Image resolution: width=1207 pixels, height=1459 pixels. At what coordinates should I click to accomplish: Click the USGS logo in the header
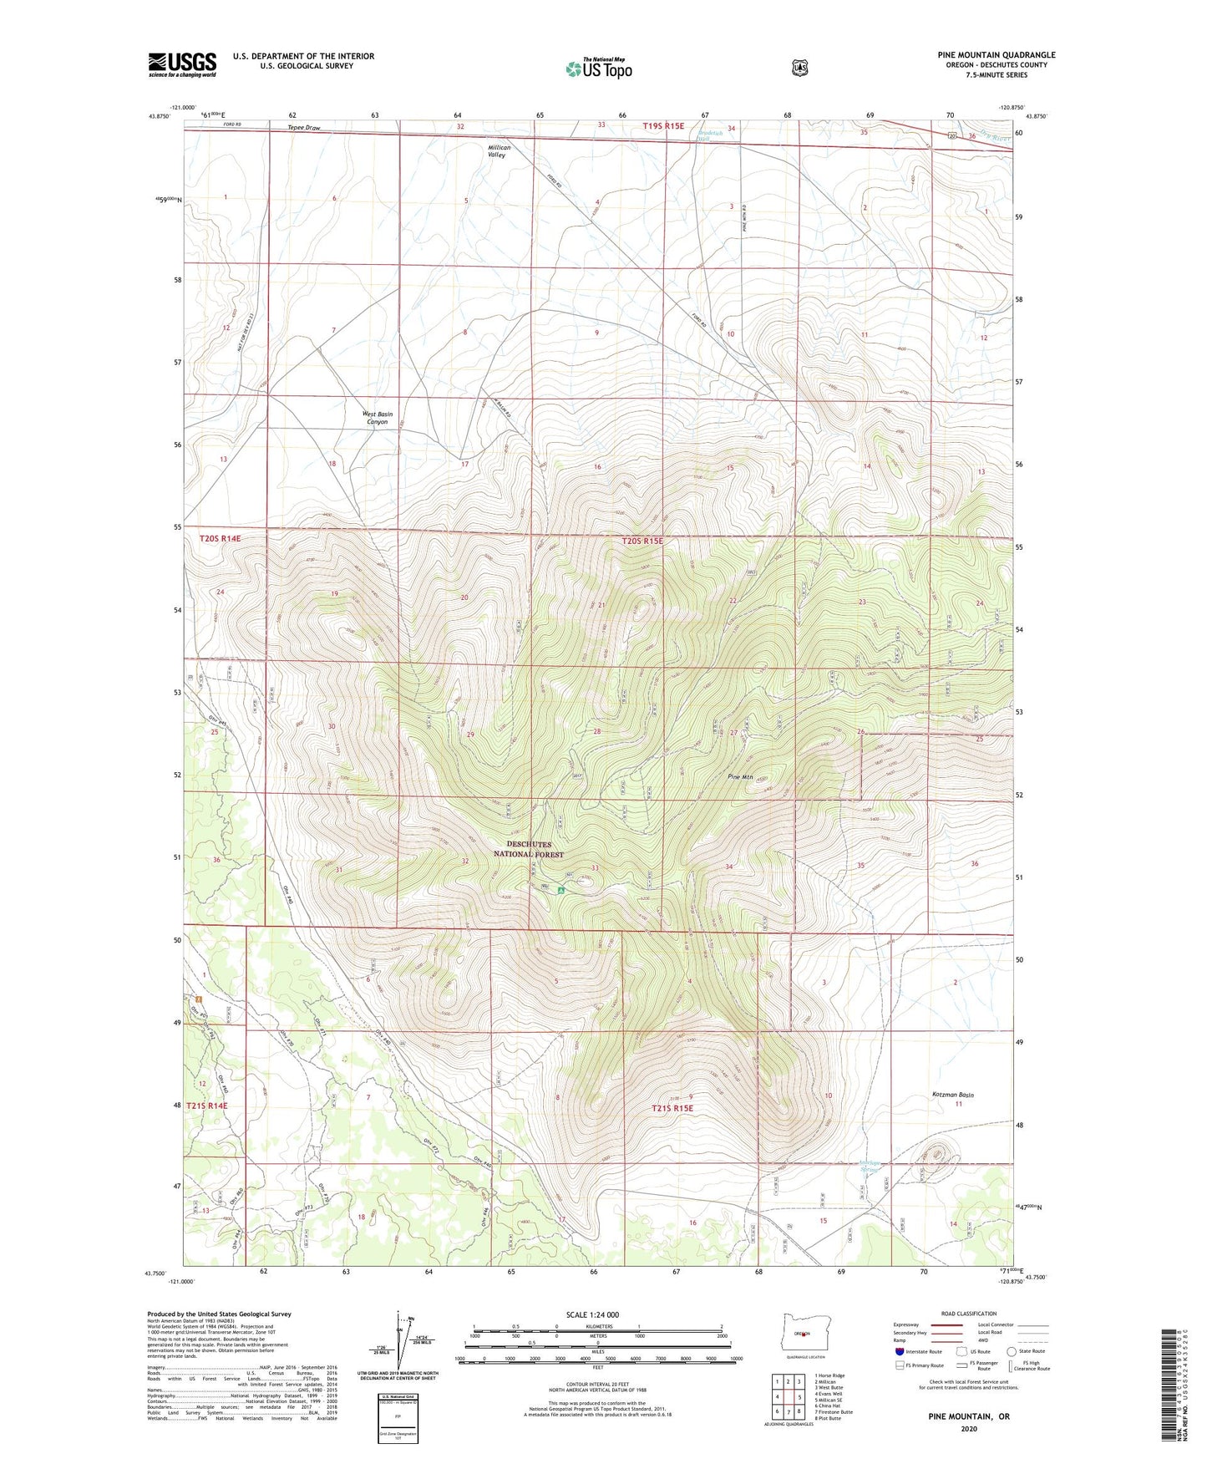coord(182,64)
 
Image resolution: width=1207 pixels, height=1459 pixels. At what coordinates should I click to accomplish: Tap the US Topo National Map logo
coord(597,68)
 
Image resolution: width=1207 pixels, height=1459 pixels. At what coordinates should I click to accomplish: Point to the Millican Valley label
coord(499,151)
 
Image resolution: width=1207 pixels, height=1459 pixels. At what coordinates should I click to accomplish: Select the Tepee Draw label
coord(304,128)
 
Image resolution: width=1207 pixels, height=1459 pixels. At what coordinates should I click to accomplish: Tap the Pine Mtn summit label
coord(740,777)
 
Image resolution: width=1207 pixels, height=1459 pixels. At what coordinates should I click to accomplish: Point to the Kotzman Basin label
coord(952,1095)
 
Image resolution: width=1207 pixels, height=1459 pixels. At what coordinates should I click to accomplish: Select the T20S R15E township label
coord(642,541)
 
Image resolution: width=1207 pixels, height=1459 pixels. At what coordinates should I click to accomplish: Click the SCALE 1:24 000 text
coord(592,1314)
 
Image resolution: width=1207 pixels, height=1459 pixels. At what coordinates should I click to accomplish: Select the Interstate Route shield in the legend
coord(899,1351)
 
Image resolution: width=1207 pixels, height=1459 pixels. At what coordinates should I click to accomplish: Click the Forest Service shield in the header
coord(799,68)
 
